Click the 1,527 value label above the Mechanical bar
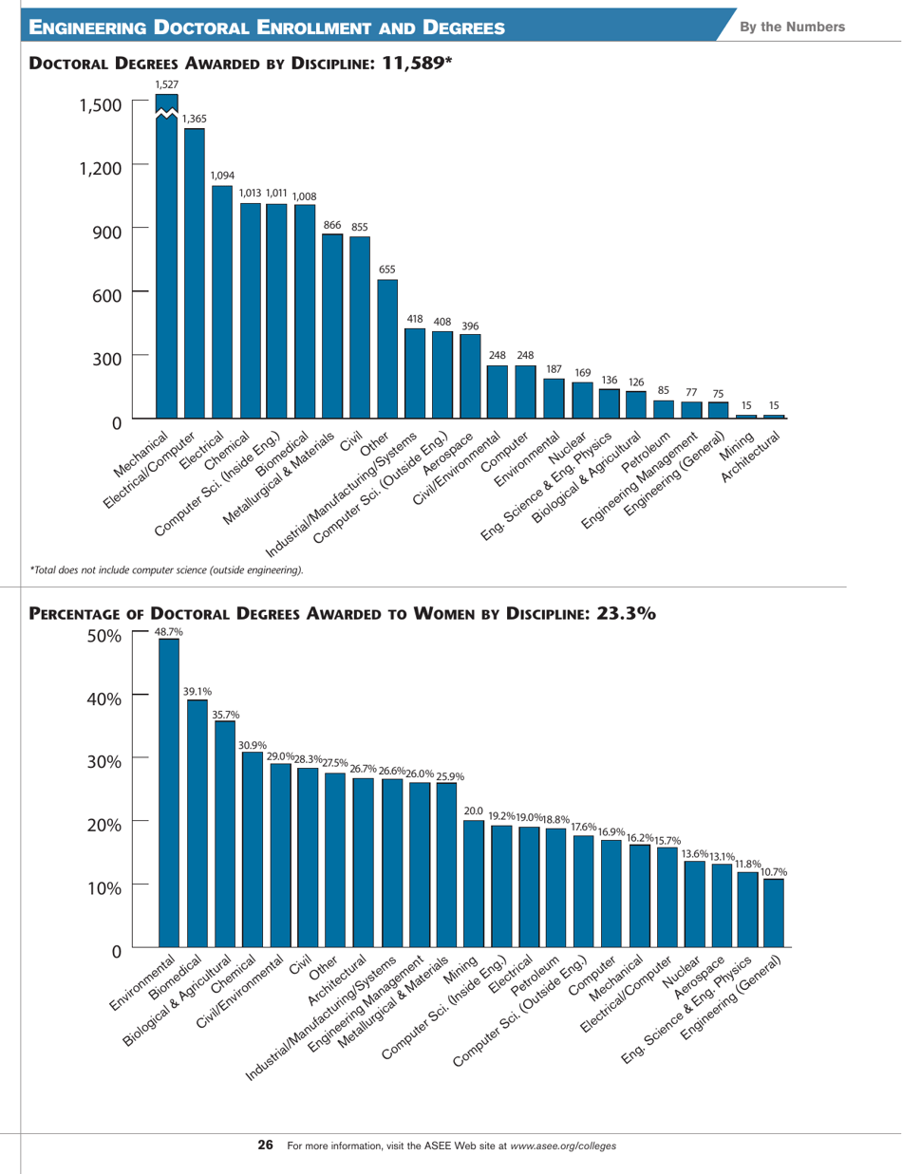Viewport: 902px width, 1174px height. click(167, 85)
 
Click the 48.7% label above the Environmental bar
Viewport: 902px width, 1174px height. click(169, 630)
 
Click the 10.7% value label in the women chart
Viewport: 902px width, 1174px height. click(775, 870)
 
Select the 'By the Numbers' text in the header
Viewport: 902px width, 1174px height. click(801, 26)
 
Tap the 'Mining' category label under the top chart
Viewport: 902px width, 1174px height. click(737, 442)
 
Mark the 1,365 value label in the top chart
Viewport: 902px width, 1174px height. click(194, 119)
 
